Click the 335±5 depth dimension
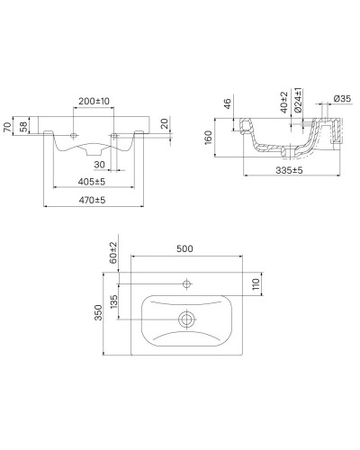point(286,169)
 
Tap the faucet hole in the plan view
point(187,284)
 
